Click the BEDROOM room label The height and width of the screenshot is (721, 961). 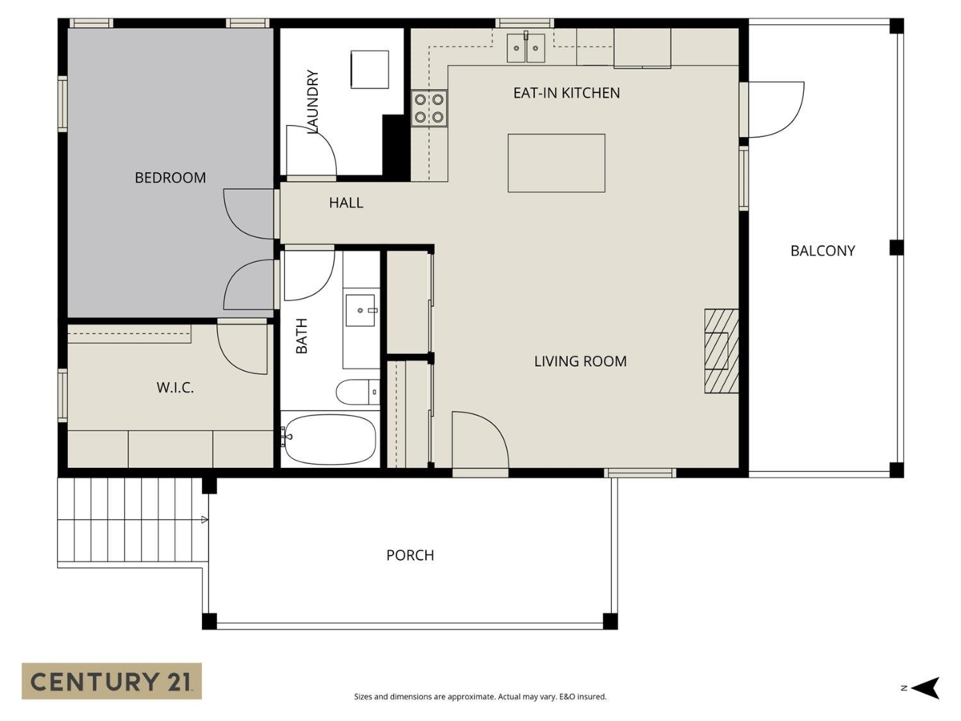coord(171,178)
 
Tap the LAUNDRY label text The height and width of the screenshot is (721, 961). coord(312,101)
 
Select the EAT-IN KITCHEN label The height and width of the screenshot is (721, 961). coord(566,93)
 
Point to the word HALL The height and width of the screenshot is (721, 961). coord(346,203)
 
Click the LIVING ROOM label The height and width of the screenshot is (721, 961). coord(580,361)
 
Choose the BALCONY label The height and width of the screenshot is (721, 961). coord(822,251)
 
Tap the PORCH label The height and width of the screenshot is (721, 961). coord(410,555)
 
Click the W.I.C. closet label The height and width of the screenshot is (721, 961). coord(175,388)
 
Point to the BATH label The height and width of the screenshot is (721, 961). coord(302,336)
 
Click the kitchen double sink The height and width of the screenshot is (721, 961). coord(526,48)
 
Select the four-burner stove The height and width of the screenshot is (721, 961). coord(429,108)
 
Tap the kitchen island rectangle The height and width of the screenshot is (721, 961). coord(557,163)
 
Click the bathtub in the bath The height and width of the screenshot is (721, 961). coord(330,440)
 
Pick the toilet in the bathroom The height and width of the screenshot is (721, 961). coord(358,392)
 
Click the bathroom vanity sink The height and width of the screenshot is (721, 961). coord(360,310)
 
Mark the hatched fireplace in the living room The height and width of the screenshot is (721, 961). coord(722,351)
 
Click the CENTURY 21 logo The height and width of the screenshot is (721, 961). coord(111,681)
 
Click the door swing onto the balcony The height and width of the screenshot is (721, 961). coord(776,110)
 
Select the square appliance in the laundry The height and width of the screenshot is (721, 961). coord(370,70)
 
